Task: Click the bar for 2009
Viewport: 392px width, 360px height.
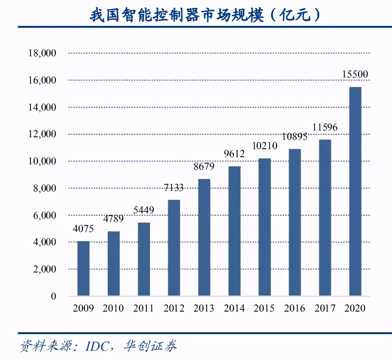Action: pyautogui.click(x=83, y=268)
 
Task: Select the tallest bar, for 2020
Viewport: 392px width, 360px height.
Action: pyautogui.click(x=355, y=191)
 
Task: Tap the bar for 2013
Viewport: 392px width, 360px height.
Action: pyautogui.click(x=204, y=237)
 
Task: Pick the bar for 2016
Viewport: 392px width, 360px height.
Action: pyautogui.click(x=295, y=222)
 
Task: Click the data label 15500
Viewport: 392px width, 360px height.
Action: pyautogui.click(x=355, y=74)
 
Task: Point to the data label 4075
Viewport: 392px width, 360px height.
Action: pyautogui.click(x=83, y=229)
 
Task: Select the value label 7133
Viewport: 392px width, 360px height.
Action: pyautogui.click(x=174, y=188)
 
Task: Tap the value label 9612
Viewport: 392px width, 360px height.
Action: pyautogui.click(x=234, y=154)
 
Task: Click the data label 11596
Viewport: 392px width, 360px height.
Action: pyautogui.click(x=325, y=127)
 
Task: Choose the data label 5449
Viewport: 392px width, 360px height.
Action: pyautogui.click(x=144, y=210)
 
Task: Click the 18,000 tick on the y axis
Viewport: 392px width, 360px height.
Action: pyautogui.click(x=42, y=53)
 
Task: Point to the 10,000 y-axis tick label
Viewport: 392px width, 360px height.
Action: pyautogui.click(x=42, y=161)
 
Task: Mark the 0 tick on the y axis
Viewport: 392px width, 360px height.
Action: pyautogui.click(x=53, y=296)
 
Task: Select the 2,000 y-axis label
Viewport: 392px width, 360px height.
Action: pyautogui.click(x=44, y=269)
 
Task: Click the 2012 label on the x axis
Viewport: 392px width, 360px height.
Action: pyautogui.click(x=174, y=308)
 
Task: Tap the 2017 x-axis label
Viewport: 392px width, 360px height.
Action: pyautogui.click(x=325, y=308)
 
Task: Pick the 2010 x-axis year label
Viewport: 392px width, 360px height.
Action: pyautogui.click(x=113, y=308)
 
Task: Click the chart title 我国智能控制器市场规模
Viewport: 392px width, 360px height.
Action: pyautogui.click(x=177, y=15)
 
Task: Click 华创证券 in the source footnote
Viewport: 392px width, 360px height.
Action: pyautogui.click(x=150, y=346)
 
